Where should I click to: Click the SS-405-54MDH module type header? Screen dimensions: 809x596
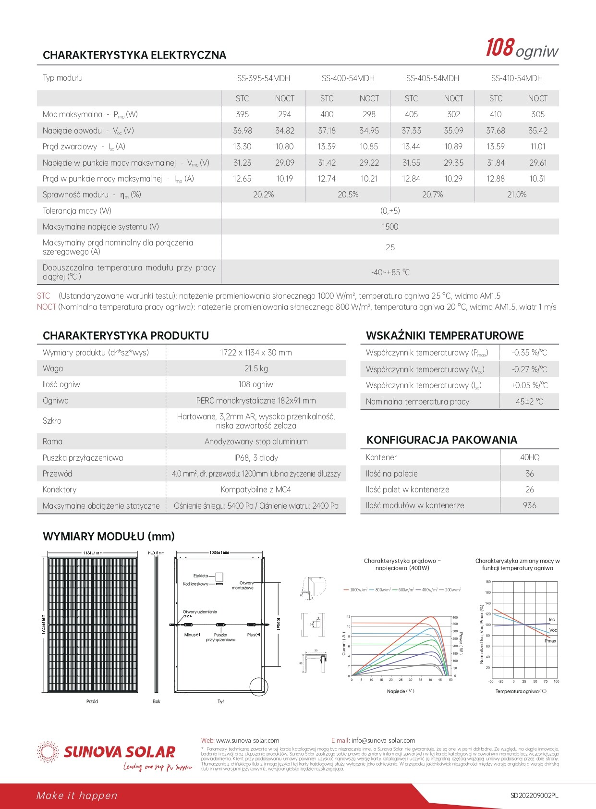(432, 78)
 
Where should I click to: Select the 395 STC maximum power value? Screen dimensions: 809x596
(242, 114)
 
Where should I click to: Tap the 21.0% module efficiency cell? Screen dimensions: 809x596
(517, 195)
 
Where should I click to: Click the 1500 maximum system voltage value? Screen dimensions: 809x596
(390, 227)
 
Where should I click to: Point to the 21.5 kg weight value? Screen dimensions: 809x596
(256, 368)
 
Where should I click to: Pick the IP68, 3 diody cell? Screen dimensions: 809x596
(256, 458)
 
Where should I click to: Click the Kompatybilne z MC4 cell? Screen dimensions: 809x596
(256, 490)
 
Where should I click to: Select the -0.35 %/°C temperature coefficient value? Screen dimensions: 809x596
(529, 353)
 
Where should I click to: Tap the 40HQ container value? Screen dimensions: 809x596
(530, 457)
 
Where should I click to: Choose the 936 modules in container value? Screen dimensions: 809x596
(530, 505)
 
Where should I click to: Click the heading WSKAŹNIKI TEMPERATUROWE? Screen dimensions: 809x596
(445, 336)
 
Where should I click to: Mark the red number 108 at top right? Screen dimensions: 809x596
(500, 49)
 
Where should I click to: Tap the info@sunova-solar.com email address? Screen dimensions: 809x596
(383, 740)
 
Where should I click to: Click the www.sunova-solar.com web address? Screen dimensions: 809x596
(247, 740)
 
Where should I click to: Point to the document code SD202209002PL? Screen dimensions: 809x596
(534, 796)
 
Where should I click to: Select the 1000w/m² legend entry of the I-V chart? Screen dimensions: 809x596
(356, 589)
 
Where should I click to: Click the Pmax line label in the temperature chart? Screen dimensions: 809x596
(550, 641)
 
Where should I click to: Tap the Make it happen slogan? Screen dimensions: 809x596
(77, 796)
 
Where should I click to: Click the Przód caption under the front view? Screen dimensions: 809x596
(92, 701)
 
